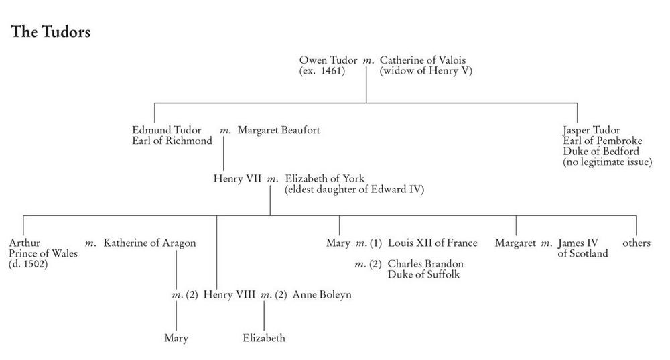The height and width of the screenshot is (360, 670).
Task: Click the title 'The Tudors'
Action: pos(51,32)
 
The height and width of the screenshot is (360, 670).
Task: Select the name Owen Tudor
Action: pos(328,60)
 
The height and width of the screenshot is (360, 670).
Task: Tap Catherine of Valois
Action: pos(423,60)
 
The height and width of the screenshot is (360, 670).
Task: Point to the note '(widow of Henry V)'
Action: pos(426,71)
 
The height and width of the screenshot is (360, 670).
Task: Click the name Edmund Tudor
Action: pos(167,130)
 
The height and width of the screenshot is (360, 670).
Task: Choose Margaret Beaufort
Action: pos(279,130)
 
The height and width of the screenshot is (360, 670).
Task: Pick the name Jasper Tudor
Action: pos(592,130)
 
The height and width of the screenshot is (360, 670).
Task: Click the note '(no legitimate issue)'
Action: pos(608,162)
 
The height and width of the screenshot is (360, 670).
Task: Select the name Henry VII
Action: pos(237,179)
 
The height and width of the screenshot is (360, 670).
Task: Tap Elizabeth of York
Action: pos(325,179)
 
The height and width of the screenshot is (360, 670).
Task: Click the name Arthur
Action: pos(24,243)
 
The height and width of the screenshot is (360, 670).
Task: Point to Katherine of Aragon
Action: pos(149,243)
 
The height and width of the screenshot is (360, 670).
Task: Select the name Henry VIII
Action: pos(229,294)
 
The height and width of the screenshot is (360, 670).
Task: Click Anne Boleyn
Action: pos(322,294)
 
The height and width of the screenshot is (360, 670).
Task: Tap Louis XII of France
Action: pos(432,243)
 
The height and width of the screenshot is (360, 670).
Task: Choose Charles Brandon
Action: pos(425,264)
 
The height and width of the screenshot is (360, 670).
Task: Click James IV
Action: pos(578,243)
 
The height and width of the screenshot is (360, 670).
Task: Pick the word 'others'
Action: pos(636,243)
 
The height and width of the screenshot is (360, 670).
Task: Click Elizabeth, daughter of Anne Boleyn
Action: pos(263,338)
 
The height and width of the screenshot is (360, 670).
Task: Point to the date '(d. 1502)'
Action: pos(28,264)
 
